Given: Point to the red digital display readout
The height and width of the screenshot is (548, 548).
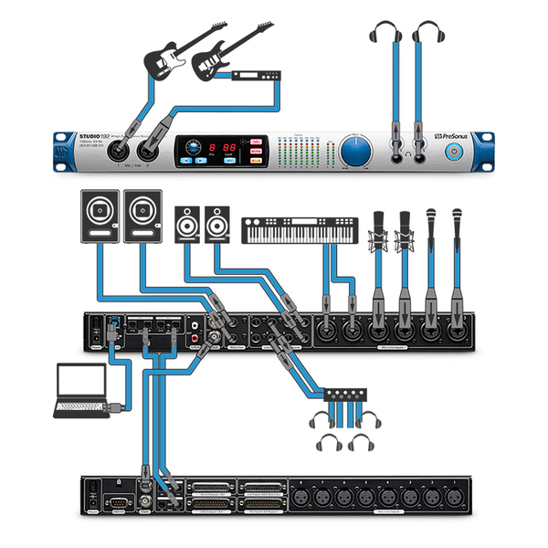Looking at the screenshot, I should tap(219, 148).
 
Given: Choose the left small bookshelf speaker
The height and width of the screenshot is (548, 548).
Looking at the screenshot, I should tap(187, 222).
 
